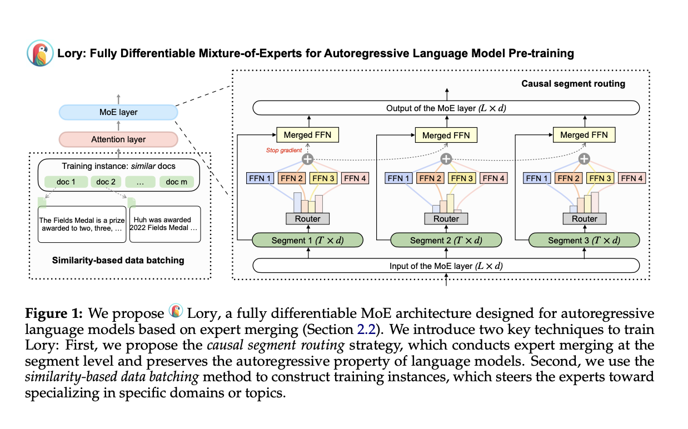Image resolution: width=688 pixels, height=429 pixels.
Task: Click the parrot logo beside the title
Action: pyautogui.click(x=40, y=53)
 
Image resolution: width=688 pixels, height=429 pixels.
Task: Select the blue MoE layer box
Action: pyautogui.click(x=118, y=112)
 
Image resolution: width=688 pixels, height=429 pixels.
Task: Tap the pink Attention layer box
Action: pyautogui.click(x=118, y=139)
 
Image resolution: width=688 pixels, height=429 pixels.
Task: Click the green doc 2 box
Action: pyautogui.click(x=106, y=182)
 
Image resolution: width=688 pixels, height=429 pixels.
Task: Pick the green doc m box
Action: pyautogui.click(x=177, y=182)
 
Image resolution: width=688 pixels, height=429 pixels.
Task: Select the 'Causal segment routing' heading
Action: pyautogui.click(x=573, y=84)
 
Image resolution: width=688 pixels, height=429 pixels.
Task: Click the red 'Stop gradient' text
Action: pyautogui.click(x=283, y=150)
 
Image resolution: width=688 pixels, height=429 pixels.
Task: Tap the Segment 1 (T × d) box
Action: pyautogui.click(x=307, y=240)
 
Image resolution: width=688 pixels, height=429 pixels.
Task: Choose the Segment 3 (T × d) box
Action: pyautogui.click(x=584, y=240)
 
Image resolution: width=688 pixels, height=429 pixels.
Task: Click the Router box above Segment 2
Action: pyautogui.click(x=446, y=219)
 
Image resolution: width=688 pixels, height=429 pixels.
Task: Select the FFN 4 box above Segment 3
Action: pyautogui.click(x=631, y=178)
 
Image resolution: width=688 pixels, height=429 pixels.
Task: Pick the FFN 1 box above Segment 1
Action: pyautogui.click(x=260, y=178)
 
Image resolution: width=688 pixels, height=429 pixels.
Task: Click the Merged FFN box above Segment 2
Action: pyautogui.click(x=446, y=135)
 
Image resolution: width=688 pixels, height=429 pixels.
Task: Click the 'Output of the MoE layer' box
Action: pyautogui.click(x=446, y=108)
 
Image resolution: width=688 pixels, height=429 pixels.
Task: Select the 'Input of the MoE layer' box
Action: pyautogui.click(x=446, y=266)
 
